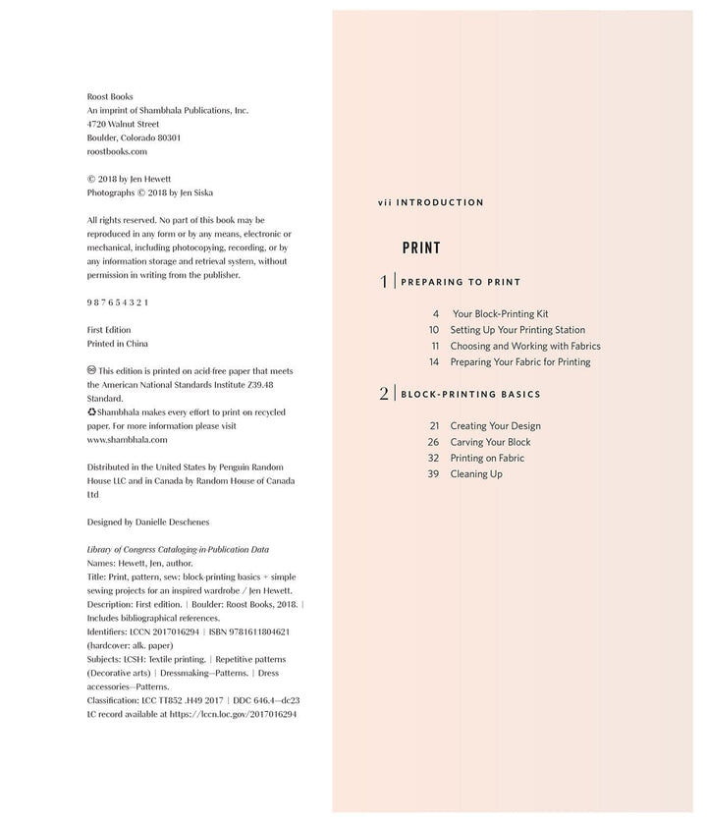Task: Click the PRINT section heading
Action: [x=421, y=248]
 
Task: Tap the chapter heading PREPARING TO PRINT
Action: [x=461, y=282]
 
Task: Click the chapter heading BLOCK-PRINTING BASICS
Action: [x=470, y=394]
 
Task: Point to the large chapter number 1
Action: [x=384, y=282]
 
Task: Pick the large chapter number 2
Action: [x=384, y=394]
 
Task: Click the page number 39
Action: [x=433, y=474]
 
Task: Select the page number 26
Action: [x=433, y=442]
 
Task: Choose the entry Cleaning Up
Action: [x=476, y=474]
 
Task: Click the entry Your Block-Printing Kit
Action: [x=500, y=314]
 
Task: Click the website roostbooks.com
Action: [x=117, y=152]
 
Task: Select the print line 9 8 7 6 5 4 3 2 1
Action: [x=118, y=302]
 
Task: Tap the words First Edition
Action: [x=109, y=330]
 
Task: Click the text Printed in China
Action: [x=118, y=344]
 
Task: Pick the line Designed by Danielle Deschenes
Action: [x=148, y=521]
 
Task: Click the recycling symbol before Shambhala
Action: [x=91, y=412]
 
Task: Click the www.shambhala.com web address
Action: [x=127, y=440]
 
